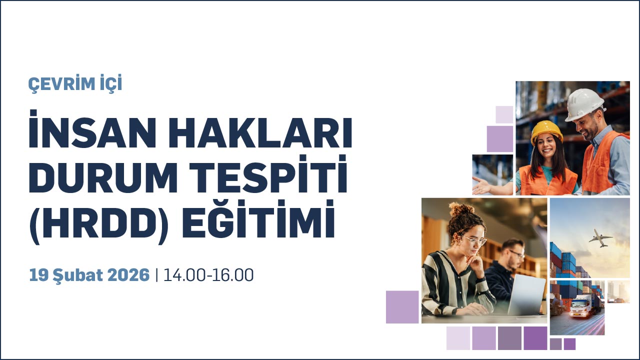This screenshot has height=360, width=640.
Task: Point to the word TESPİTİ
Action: click(x=268, y=174)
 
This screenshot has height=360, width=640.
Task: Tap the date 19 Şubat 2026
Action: click(x=89, y=275)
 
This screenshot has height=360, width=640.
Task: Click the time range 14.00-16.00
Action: click(x=208, y=275)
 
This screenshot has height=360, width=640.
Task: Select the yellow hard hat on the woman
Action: click(x=546, y=131)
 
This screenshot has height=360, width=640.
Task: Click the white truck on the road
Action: click(x=583, y=306)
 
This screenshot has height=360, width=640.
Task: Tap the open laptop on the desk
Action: click(x=527, y=295)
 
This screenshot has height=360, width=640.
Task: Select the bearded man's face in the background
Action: click(x=514, y=254)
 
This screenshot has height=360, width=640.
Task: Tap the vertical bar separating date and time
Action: click(x=156, y=275)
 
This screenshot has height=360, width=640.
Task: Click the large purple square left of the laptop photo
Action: click(x=402, y=307)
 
